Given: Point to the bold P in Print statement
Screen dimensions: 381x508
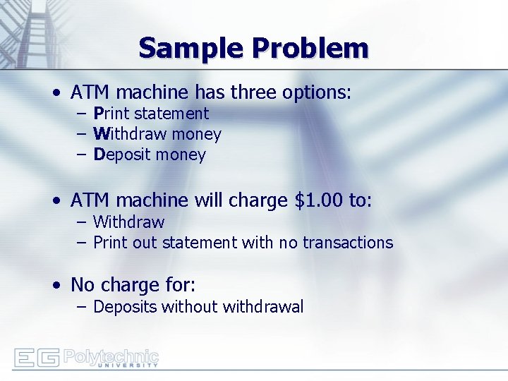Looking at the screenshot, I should (98, 114).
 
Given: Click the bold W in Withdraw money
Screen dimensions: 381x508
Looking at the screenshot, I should (99, 134).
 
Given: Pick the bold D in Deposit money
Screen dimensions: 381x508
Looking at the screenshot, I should (99, 155).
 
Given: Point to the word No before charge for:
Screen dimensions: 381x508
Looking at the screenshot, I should (83, 285).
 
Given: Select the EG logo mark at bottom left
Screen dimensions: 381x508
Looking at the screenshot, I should (37, 358).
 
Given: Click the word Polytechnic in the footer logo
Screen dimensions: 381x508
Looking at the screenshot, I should (111, 356).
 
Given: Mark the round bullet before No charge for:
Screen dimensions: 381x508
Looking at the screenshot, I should (56, 286).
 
